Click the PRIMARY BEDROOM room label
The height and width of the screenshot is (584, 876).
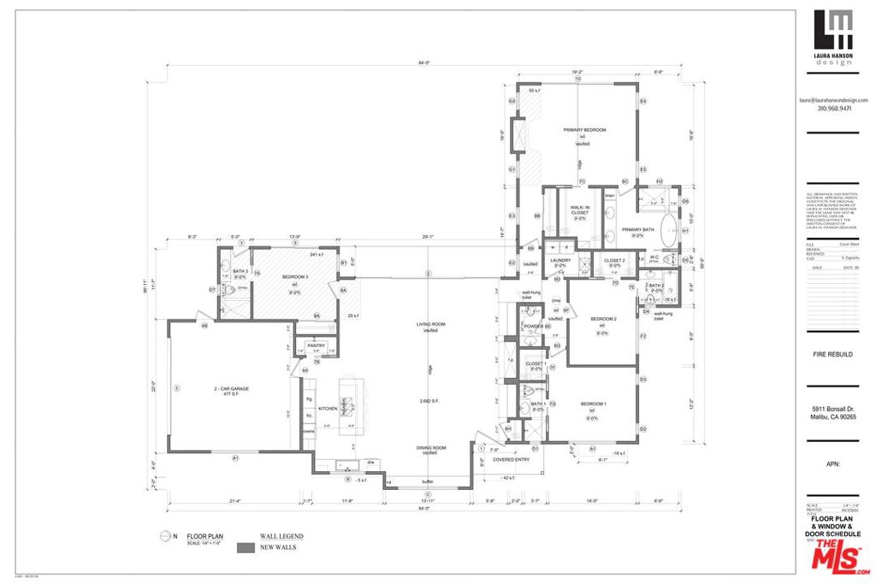584,130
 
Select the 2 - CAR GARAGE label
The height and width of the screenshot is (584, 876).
231,389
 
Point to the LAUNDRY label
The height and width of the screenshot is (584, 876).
559,260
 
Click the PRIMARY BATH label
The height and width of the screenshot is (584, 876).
638,229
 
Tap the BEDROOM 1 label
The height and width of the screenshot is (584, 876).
593,404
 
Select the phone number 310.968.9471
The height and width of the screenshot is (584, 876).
833,109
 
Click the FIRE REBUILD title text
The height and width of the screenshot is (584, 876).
832,353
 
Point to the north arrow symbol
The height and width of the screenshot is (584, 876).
164,537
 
